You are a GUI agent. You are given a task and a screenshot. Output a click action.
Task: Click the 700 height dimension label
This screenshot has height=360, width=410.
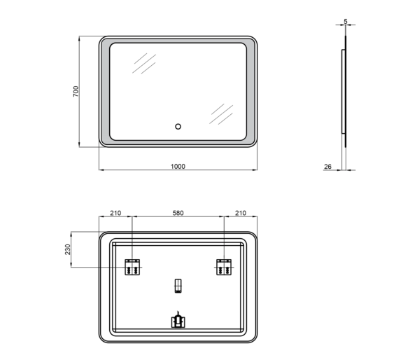point(76,91)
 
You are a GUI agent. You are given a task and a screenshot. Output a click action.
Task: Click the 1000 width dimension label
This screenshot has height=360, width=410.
point(178,166)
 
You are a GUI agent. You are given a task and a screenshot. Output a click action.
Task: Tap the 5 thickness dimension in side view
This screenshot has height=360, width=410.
point(346,21)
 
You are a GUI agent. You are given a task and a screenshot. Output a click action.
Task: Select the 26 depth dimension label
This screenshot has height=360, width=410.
point(327,166)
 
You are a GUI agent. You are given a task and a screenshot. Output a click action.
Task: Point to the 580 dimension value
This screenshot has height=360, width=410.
point(178,213)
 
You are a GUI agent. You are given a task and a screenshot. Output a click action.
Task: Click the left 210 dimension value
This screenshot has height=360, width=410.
point(115,213)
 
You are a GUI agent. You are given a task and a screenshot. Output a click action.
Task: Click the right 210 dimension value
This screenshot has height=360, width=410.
point(241,213)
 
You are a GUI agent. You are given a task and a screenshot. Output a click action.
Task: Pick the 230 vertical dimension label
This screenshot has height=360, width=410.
point(68,249)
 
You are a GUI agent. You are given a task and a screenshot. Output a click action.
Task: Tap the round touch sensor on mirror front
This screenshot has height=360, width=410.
point(178,127)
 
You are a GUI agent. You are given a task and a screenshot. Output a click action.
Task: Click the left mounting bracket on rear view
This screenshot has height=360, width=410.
point(132,267)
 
